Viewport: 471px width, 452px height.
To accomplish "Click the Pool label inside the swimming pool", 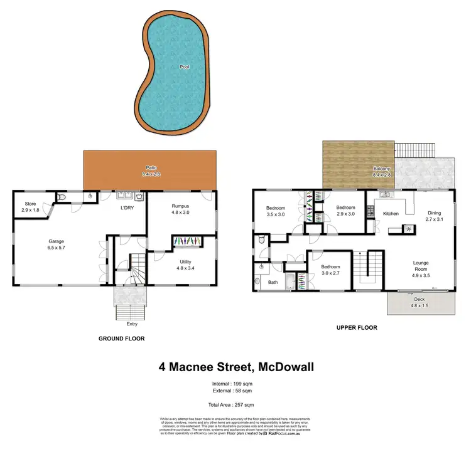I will (185, 66).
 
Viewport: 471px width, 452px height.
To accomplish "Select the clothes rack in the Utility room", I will (187, 241).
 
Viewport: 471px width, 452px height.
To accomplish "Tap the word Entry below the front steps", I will (131, 324).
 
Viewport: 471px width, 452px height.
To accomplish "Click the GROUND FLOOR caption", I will (121, 339).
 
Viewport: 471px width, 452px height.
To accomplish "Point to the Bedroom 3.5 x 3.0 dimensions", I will (276, 214).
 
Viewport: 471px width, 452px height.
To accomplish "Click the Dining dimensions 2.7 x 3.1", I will (435, 219).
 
